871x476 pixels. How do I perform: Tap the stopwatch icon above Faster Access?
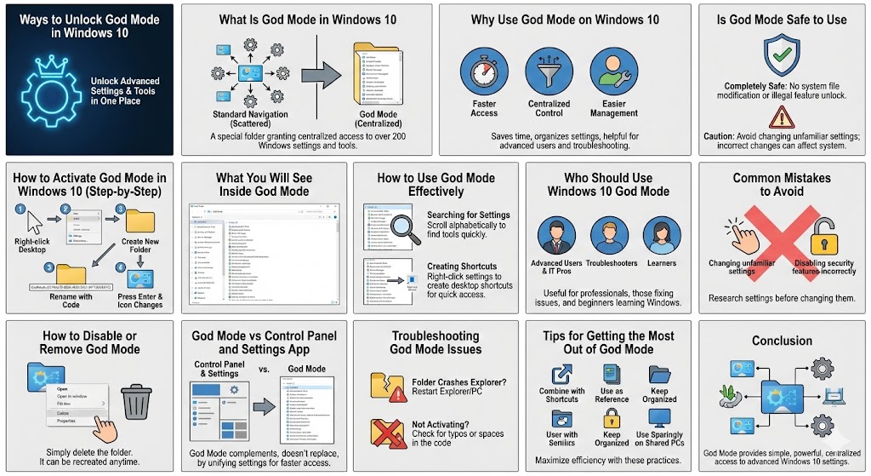tap(484, 72)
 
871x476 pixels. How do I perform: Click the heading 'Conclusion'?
tap(782, 341)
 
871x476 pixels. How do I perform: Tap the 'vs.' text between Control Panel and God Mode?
tap(264, 369)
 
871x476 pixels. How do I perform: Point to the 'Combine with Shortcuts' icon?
tap(561, 375)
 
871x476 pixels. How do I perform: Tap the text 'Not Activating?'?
tap(441, 424)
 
